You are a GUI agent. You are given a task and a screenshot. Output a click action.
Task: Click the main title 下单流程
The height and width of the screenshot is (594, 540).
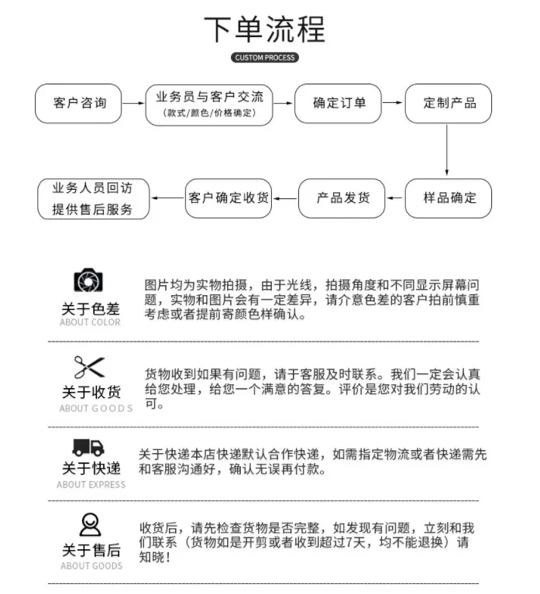click(x=264, y=29)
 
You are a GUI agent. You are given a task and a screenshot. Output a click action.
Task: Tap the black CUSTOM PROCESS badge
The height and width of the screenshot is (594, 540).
click(x=264, y=58)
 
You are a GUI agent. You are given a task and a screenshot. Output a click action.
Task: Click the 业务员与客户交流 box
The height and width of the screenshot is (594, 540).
click(x=209, y=103)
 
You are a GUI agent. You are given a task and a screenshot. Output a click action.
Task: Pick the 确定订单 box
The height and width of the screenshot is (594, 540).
click(x=339, y=103)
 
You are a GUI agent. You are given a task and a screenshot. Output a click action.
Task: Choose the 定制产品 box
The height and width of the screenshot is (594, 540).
click(x=449, y=103)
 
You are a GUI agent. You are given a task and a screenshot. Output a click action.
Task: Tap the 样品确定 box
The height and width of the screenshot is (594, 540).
click(x=449, y=197)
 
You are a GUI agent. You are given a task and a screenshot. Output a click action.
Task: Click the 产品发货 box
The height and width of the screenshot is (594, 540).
click(x=342, y=197)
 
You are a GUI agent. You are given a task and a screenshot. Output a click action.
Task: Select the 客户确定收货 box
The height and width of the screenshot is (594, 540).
click(x=229, y=197)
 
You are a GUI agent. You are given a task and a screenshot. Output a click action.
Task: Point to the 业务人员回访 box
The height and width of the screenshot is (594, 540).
click(x=93, y=198)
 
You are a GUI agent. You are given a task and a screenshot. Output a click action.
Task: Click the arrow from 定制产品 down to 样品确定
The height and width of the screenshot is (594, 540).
click(x=447, y=149)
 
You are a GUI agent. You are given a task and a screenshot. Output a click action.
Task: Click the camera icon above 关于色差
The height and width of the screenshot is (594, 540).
click(x=89, y=280)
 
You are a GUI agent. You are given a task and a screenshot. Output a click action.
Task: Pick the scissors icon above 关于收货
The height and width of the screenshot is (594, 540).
click(x=89, y=366)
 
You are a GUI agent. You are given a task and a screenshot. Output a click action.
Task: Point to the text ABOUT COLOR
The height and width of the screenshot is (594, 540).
click(x=91, y=322)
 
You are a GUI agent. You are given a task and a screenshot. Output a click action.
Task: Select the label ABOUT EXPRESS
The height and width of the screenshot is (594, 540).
click(x=91, y=485)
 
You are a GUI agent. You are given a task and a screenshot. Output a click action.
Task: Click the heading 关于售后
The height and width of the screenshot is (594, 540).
click(x=91, y=550)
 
